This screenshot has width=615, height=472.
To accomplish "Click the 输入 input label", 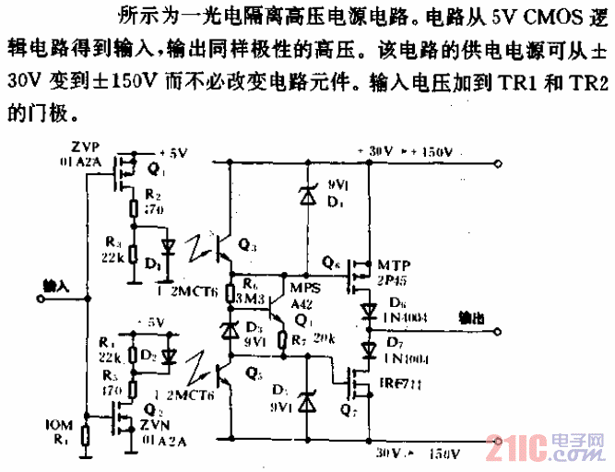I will coord(57,287).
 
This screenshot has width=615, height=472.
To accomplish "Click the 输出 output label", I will coord(474,316).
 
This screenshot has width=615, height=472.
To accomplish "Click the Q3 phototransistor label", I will coord(248,244).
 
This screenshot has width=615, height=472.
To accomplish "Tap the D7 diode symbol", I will coord(367,348).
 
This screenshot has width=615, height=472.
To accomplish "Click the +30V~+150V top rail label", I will coord(405,151).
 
